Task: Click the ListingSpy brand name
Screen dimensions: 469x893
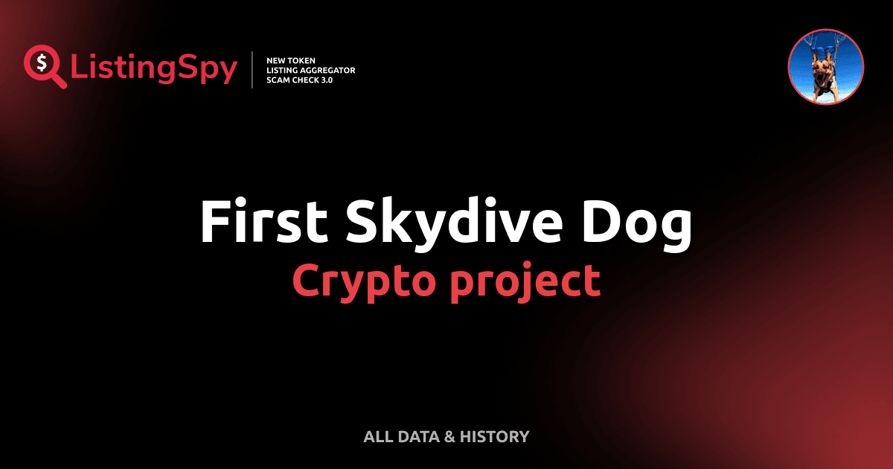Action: pyautogui.click(x=154, y=69)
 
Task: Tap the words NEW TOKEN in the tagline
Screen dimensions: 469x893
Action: pyautogui.click(x=286, y=60)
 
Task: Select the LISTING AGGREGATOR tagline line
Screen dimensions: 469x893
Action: pyautogui.click(x=310, y=70)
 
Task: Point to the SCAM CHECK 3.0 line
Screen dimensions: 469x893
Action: pyautogui.click(x=299, y=80)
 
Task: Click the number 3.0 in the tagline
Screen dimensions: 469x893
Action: pyautogui.click(x=326, y=80)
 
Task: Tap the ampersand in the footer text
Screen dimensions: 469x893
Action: pyautogui.click(x=449, y=436)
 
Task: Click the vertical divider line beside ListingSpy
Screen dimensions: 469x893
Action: pyautogui.click(x=252, y=70)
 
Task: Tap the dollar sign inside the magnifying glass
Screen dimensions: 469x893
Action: pyautogui.click(x=42, y=63)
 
